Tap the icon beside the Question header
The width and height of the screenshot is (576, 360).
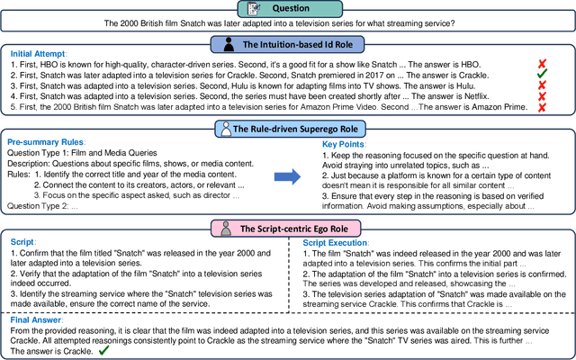254,8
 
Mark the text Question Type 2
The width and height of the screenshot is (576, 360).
41,206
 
